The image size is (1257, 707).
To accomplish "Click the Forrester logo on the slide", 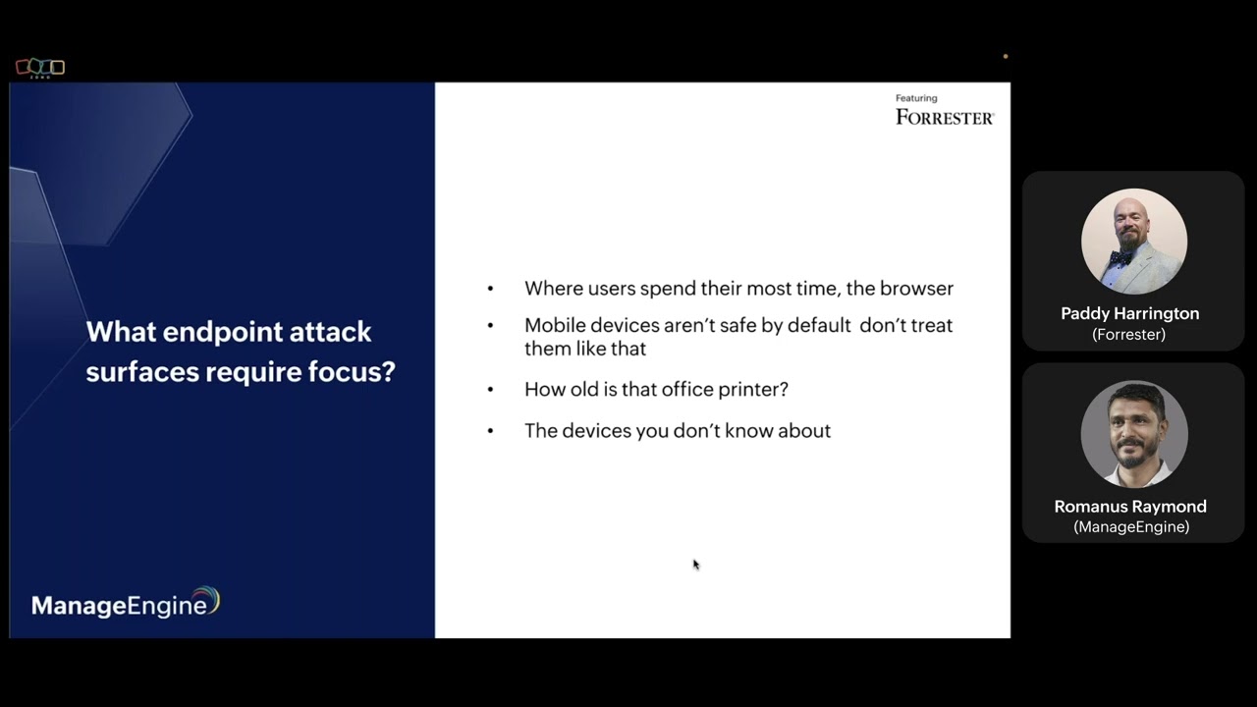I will click(944, 117).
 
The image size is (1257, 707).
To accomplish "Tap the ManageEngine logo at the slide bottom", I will click(125, 603).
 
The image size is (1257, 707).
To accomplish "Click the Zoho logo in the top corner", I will click(40, 68).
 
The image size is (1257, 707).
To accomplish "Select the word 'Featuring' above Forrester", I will click(915, 98).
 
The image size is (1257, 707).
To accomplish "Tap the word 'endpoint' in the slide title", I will click(218, 332).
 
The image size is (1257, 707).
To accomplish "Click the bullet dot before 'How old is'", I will click(491, 390).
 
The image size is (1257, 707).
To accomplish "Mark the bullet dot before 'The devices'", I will click(491, 431).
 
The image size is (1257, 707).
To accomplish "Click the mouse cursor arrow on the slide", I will click(695, 564).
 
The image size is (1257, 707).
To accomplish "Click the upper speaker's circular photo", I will click(1133, 242).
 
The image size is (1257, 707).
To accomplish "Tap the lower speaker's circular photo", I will click(1133, 434).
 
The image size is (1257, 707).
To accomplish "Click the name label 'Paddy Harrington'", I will click(1129, 313).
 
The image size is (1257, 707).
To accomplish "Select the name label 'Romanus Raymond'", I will click(1129, 507).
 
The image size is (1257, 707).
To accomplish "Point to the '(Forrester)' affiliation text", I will click(1128, 335).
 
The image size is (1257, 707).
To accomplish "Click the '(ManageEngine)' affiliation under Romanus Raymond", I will click(1130, 527).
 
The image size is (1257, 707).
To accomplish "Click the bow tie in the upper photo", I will click(1120, 257).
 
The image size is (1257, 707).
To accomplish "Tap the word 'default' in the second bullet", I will click(817, 325).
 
